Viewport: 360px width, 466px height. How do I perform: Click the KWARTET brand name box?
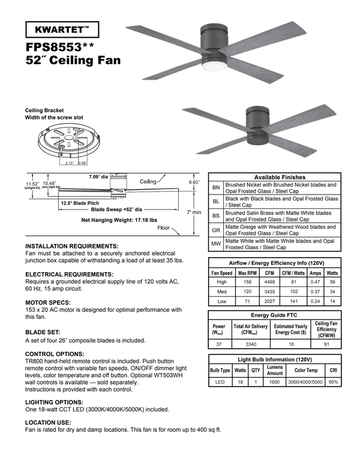62,29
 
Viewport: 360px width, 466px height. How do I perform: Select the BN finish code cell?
216,188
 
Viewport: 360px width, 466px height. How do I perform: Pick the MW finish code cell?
216,244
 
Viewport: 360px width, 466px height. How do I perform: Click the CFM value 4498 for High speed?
270,282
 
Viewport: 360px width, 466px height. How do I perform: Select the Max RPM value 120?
247,292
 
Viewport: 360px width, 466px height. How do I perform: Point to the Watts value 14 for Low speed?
333,302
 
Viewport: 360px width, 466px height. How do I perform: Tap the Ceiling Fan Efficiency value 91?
326,344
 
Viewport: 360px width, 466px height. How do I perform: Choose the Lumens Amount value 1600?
275,382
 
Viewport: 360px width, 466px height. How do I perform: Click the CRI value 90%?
333,382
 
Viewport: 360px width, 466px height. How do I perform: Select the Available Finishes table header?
275,177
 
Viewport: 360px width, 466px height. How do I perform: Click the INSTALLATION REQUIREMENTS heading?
72,246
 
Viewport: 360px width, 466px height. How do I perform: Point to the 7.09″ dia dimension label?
98,177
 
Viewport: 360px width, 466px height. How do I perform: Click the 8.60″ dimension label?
194,181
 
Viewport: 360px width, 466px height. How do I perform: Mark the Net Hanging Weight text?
119,220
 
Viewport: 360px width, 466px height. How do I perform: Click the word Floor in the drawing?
163,229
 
